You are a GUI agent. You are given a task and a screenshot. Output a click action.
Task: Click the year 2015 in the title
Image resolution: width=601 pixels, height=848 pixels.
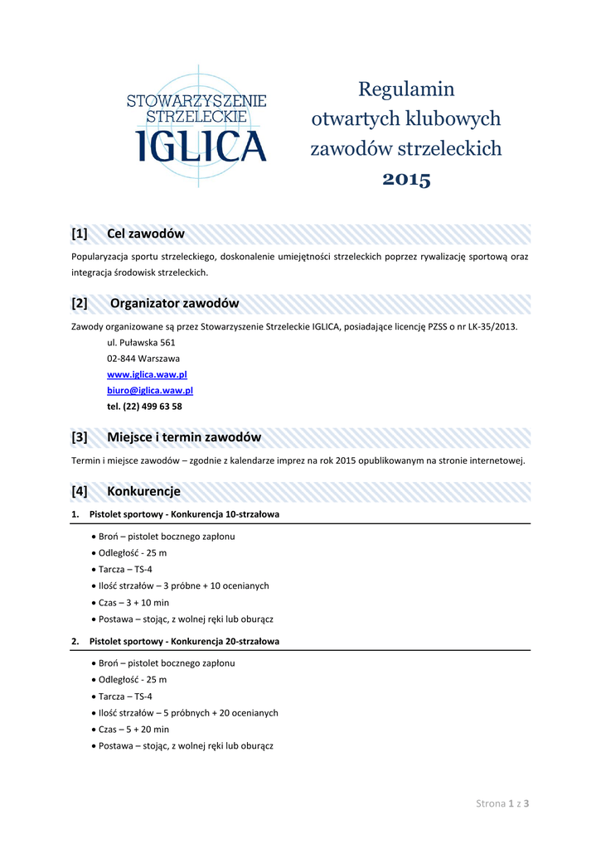tap(406, 179)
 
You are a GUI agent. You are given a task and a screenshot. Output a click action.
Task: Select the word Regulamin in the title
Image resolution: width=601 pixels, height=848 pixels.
tap(406, 89)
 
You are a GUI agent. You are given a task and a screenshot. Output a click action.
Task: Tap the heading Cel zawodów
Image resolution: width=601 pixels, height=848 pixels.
tap(145, 234)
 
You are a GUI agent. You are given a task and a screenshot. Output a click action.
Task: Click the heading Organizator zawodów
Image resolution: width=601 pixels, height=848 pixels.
tap(174, 303)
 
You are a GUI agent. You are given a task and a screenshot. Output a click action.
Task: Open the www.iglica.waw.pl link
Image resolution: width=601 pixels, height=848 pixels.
tap(148, 374)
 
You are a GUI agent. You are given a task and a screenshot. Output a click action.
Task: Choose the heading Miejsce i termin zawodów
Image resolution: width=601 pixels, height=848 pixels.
tap(184, 437)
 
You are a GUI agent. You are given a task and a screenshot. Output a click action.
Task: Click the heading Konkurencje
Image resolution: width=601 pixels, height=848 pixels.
tap(143, 491)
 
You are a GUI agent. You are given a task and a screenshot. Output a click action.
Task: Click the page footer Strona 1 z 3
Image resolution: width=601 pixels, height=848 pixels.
tap(502, 803)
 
